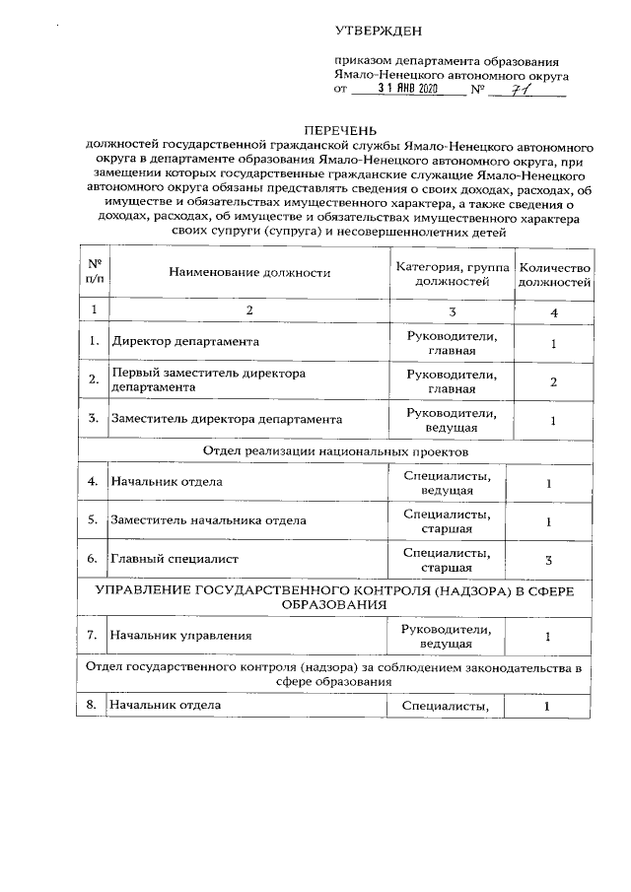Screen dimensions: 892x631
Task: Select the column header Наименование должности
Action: [249, 273]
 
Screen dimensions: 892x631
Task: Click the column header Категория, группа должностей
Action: [453, 273]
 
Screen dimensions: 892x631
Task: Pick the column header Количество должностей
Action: [554, 273]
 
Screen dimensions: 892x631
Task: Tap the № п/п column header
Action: [95, 273]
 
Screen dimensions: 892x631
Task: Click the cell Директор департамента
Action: [185, 342]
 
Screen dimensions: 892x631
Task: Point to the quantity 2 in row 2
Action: [554, 381]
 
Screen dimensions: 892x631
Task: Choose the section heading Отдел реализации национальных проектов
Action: [334, 451]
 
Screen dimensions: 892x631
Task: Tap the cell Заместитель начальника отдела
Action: [208, 520]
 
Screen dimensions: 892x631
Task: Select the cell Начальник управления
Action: [180, 636]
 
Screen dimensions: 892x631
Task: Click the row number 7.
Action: [93, 636]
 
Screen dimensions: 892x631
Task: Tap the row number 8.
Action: [93, 706]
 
